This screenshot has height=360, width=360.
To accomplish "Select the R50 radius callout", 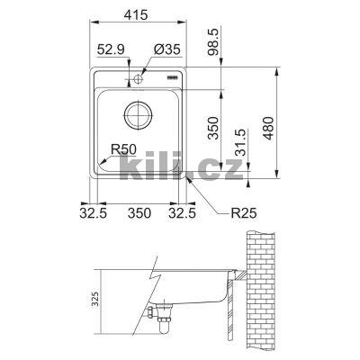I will pyautogui.click(x=123, y=149).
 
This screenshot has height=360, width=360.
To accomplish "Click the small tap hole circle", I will pyautogui.click(x=140, y=80).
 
